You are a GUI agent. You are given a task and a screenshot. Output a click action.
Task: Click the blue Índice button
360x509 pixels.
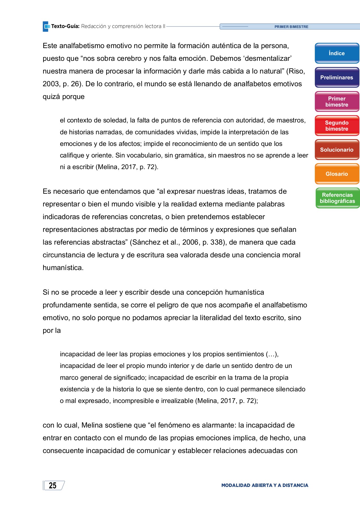(337, 53)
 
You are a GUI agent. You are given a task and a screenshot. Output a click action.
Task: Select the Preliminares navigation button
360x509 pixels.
(337, 77)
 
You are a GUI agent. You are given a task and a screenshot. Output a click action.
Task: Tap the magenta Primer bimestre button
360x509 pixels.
(337, 102)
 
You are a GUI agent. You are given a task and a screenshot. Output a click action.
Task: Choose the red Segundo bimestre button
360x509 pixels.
(337, 126)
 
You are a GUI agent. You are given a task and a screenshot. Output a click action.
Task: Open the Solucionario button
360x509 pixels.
(337, 150)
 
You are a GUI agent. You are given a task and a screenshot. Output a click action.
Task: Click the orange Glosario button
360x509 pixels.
(337, 174)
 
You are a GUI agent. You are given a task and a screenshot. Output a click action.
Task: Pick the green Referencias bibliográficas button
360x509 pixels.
(337, 198)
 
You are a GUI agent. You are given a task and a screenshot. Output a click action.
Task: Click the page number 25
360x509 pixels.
(53, 486)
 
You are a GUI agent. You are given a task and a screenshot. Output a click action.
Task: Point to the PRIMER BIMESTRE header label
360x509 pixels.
(291, 27)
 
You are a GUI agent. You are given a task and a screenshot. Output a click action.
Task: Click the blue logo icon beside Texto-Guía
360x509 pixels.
(46, 27)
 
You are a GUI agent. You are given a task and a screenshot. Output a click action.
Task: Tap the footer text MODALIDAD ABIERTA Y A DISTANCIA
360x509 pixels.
(264, 485)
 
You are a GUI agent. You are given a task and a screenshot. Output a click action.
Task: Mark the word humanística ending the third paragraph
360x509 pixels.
(63, 268)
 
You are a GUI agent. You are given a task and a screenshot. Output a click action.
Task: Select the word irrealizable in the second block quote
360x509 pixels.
(177, 401)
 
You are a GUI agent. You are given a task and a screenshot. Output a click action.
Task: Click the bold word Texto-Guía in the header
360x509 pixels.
(65, 26)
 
